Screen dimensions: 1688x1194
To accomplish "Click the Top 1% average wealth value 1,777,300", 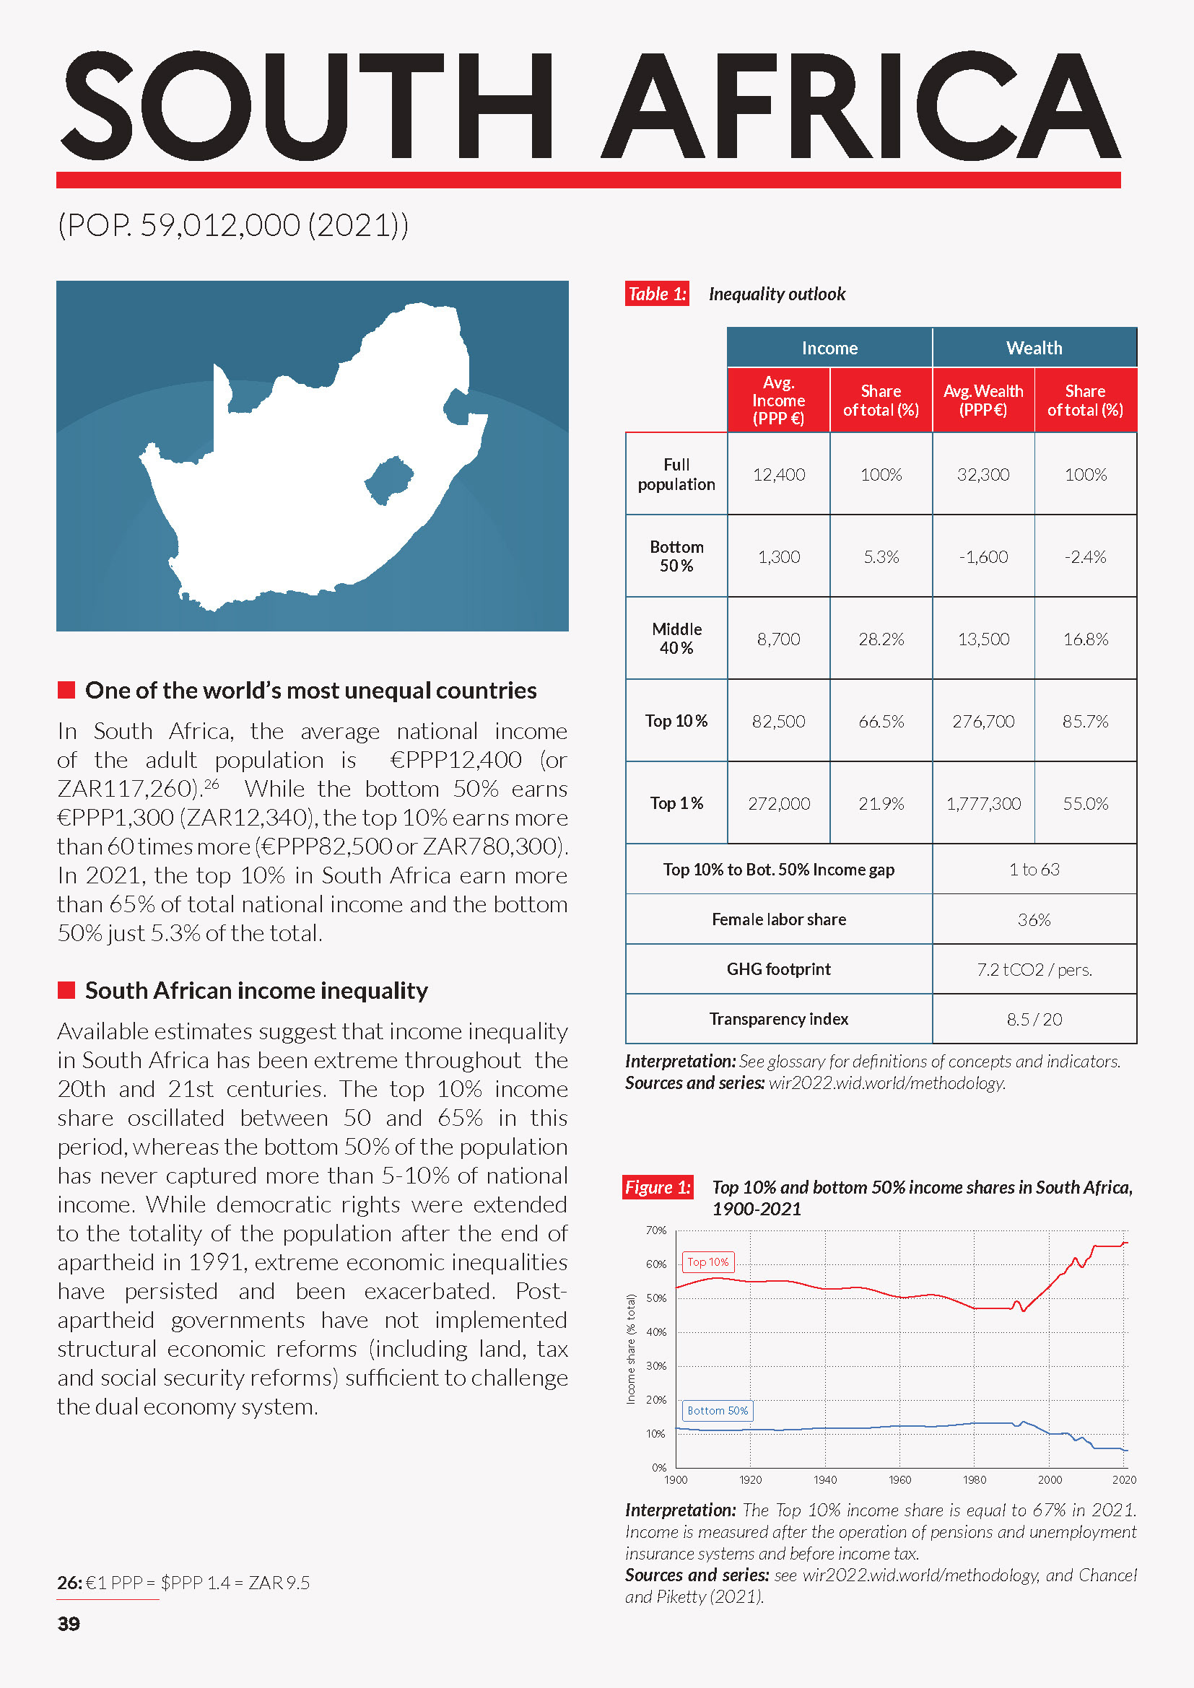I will [x=983, y=803].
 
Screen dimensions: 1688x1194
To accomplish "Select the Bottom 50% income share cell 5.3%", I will [x=881, y=557].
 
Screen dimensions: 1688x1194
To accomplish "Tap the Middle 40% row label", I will [x=676, y=638].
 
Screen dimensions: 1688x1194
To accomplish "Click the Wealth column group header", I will [x=1034, y=348].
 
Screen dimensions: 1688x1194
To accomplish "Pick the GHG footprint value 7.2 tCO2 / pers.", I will [x=1034, y=970].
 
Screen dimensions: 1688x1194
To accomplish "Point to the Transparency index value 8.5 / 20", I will [x=1034, y=1019].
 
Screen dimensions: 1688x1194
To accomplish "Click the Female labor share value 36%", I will [x=1034, y=919].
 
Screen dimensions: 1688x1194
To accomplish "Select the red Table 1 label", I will [x=656, y=294].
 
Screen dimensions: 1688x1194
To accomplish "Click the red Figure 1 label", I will [x=658, y=1187].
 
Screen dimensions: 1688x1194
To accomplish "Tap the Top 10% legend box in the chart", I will [x=708, y=1262].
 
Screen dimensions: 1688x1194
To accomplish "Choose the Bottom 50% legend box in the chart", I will [x=717, y=1411].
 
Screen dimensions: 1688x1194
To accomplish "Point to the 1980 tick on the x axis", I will [x=974, y=1480].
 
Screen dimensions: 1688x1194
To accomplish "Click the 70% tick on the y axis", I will [x=655, y=1230].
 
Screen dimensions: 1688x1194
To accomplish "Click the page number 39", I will [x=69, y=1623].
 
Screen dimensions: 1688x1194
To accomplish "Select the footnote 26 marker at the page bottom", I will [x=69, y=1582].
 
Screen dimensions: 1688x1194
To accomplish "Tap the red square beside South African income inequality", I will [x=66, y=990].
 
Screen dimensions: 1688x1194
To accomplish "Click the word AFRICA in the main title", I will [x=860, y=107].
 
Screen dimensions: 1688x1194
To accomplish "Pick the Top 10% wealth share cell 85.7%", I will [x=1084, y=721].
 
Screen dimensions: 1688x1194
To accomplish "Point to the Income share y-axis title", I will [x=631, y=1349].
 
